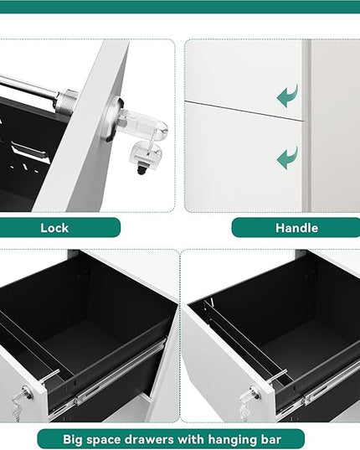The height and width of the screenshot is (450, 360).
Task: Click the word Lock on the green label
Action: tap(54, 228)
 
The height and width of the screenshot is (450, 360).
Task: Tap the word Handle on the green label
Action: tap(296, 228)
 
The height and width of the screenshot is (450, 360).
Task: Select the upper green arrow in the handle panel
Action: tap(287, 96)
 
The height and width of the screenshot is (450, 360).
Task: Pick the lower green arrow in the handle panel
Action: tap(287, 158)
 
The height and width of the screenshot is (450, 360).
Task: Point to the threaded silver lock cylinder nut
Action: tap(67, 102)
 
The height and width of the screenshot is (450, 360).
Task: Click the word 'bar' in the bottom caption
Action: tap(272, 440)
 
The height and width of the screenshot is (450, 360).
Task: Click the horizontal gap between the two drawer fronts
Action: tap(244, 111)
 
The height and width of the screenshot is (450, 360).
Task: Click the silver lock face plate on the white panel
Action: tap(111, 120)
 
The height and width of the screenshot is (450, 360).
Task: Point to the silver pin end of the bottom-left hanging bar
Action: tap(50, 376)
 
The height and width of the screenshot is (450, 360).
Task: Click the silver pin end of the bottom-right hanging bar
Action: tap(278, 376)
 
